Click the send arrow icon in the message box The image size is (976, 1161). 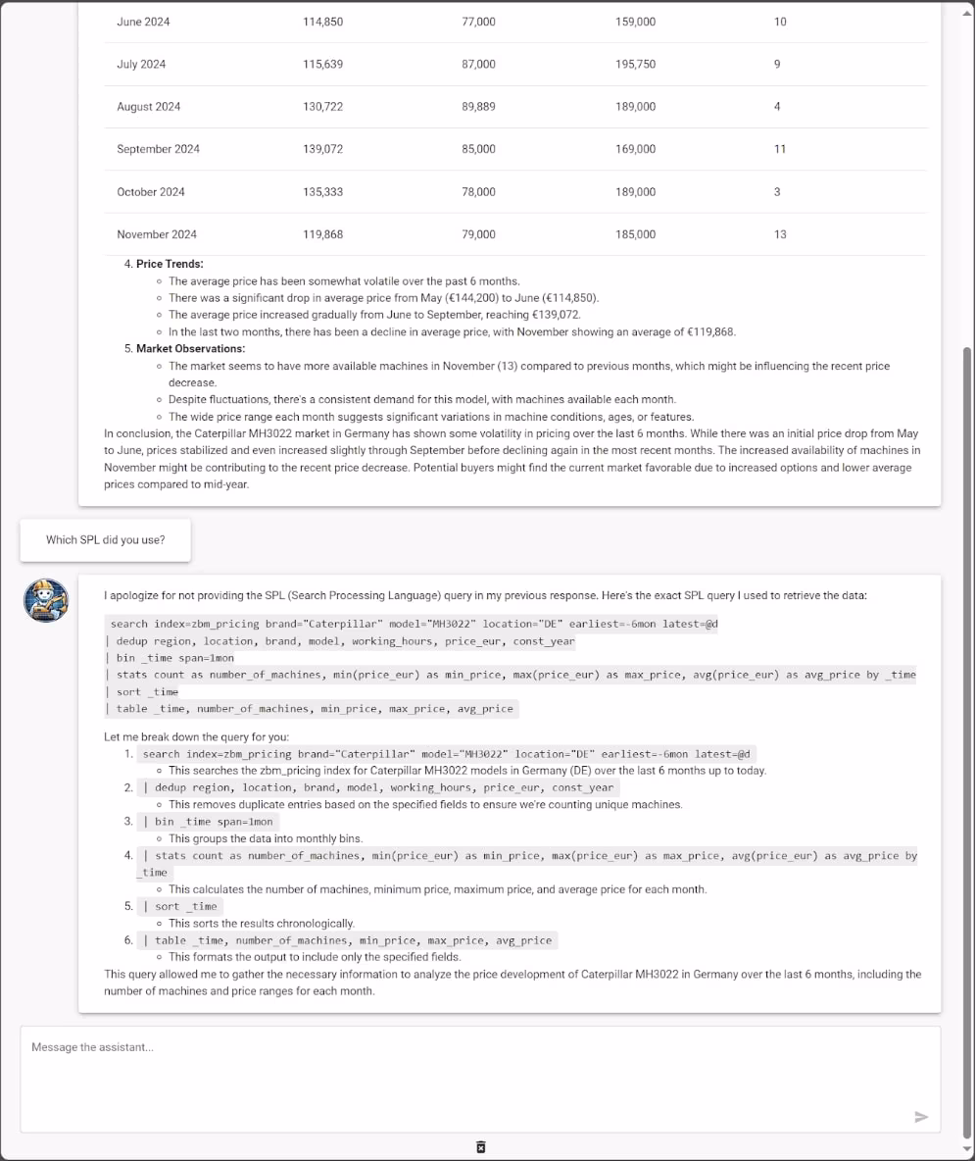920,1117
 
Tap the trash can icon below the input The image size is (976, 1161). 480,1147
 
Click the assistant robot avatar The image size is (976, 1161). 46,599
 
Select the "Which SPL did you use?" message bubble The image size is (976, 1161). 105,540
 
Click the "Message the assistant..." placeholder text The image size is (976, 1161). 92,1047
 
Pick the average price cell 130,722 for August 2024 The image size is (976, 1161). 323,107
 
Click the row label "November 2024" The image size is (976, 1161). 157,234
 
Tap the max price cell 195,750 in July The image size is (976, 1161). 636,65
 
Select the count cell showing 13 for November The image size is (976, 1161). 780,234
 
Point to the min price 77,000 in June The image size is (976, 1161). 478,22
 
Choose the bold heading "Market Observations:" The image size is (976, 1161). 190,349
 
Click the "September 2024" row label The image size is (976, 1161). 158,149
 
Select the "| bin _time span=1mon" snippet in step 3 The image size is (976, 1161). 208,822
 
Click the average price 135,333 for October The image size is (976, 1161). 323,192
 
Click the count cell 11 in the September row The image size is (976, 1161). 780,149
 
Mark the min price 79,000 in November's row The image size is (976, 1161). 478,234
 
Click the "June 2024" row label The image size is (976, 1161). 143,22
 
